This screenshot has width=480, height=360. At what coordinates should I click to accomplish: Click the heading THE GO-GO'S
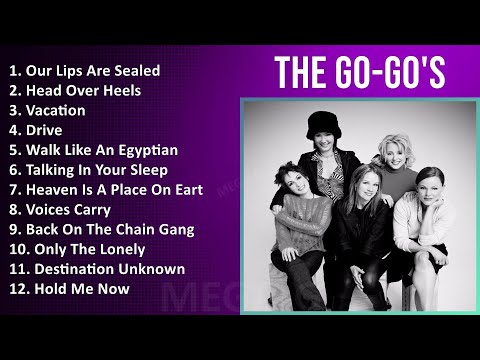pyautogui.click(x=359, y=72)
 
